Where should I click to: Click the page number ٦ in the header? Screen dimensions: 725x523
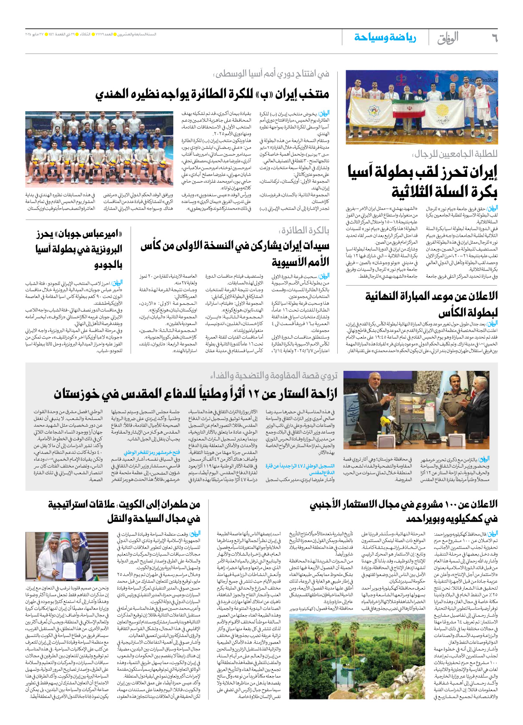coord(495,38)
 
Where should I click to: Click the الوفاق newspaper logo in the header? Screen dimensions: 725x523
coord(448,38)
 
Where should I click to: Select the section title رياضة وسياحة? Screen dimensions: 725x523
coord(385,38)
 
